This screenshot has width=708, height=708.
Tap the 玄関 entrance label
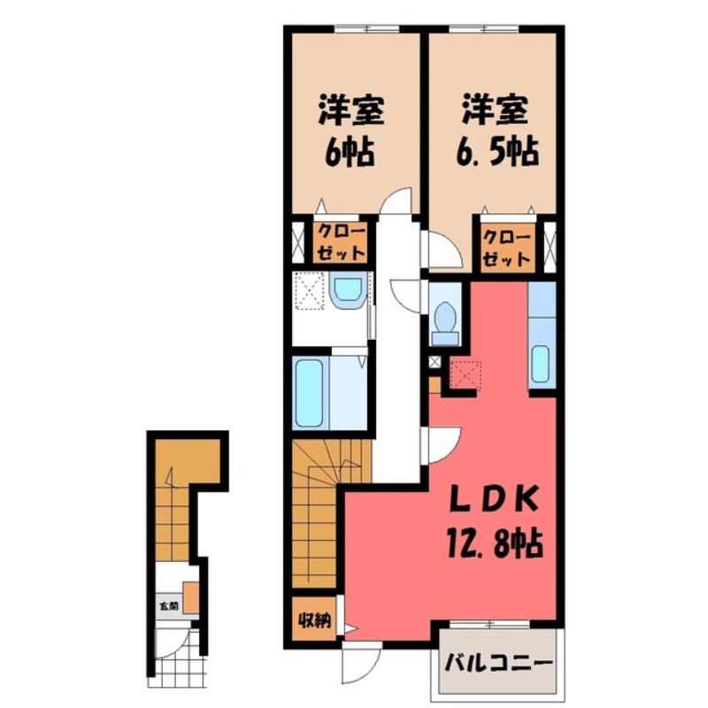pyautogui.click(x=166, y=607)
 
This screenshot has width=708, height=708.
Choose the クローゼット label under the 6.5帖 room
pyautogui.click(x=507, y=247)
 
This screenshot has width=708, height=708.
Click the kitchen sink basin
pyautogui.click(x=540, y=364)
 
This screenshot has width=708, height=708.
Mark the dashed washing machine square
pyautogui.click(x=310, y=291)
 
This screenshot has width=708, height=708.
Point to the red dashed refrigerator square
pyautogui.click(x=464, y=375)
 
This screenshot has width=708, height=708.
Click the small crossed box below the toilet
pyautogui.click(x=435, y=361)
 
